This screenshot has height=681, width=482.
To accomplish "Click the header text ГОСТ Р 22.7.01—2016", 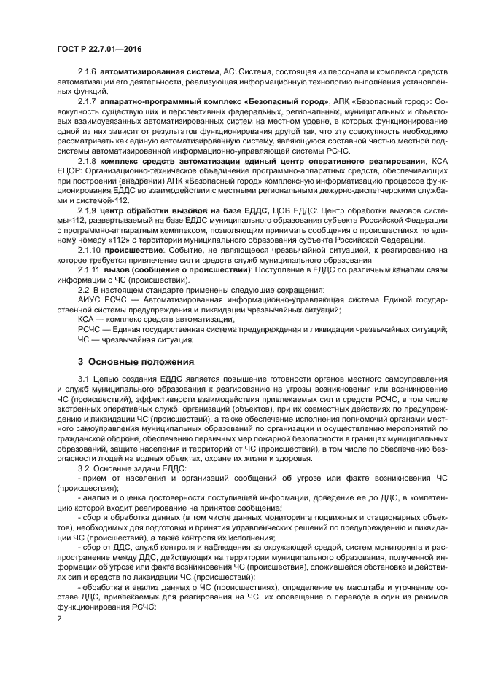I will pyautogui.click(x=98, y=49).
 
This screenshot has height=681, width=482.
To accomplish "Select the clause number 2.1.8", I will pyautogui.click(x=86, y=160).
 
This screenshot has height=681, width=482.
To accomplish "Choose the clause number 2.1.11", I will pyautogui.click(x=88, y=269).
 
